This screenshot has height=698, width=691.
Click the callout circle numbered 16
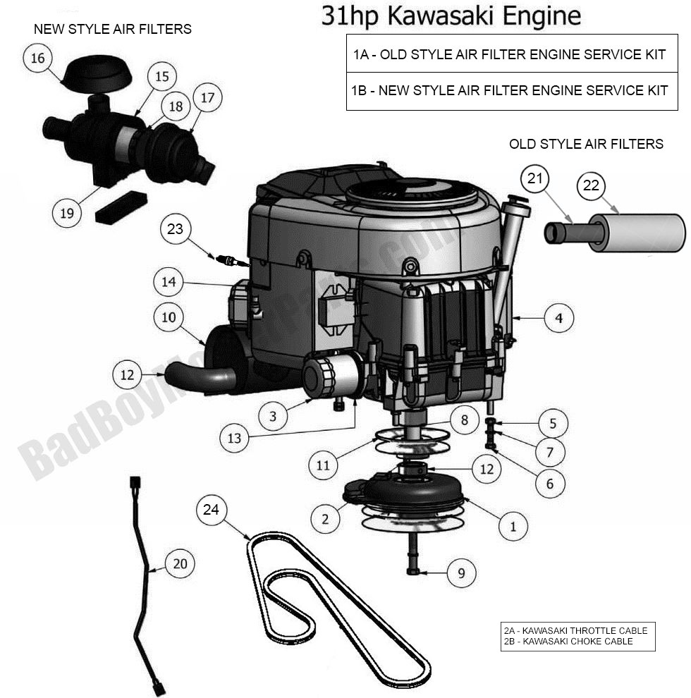tap(37, 58)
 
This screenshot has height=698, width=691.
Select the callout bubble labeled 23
tap(175, 228)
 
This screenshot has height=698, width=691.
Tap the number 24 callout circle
tap(211, 509)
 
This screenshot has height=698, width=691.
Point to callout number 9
tap(461, 573)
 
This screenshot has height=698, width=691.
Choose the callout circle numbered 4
tap(558, 318)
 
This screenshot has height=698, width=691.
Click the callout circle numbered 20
tap(180, 563)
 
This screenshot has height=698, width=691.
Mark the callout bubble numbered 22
tap(591, 186)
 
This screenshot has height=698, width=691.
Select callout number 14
tap(169, 283)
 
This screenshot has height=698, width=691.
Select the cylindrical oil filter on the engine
tap(331, 374)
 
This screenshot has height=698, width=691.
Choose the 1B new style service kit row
tap(508, 90)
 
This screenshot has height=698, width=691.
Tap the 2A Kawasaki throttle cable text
tap(575, 630)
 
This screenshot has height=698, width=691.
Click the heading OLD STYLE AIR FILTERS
tap(586, 144)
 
